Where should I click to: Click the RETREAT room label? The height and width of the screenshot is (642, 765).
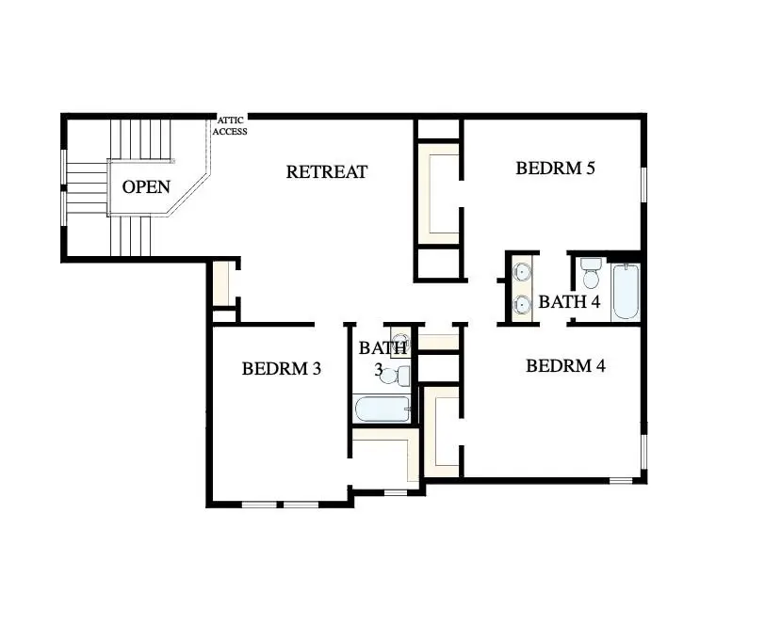click(326, 172)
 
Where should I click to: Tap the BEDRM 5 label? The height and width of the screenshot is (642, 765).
click(556, 169)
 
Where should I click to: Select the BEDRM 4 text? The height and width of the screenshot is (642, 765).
click(564, 366)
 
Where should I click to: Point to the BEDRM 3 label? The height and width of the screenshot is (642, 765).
click(282, 369)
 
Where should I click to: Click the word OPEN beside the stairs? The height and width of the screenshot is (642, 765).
click(146, 186)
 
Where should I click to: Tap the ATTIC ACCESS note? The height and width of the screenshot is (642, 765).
click(232, 126)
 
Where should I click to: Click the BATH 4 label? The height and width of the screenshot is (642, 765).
click(569, 303)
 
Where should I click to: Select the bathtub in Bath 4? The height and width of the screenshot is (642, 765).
click(626, 292)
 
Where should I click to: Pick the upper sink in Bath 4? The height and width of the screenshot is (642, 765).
click(522, 274)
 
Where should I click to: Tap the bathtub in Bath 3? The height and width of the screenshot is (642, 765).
click(382, 409)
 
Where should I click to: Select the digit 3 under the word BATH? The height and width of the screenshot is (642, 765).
click(379, 371)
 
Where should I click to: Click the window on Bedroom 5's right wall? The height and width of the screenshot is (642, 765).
click(645, 184)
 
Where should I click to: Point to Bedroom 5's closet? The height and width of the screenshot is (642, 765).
click(438, 193)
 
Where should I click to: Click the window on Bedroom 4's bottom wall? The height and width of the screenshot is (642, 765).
click(620, 481)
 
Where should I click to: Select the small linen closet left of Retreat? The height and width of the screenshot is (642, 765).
click(221, 283)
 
